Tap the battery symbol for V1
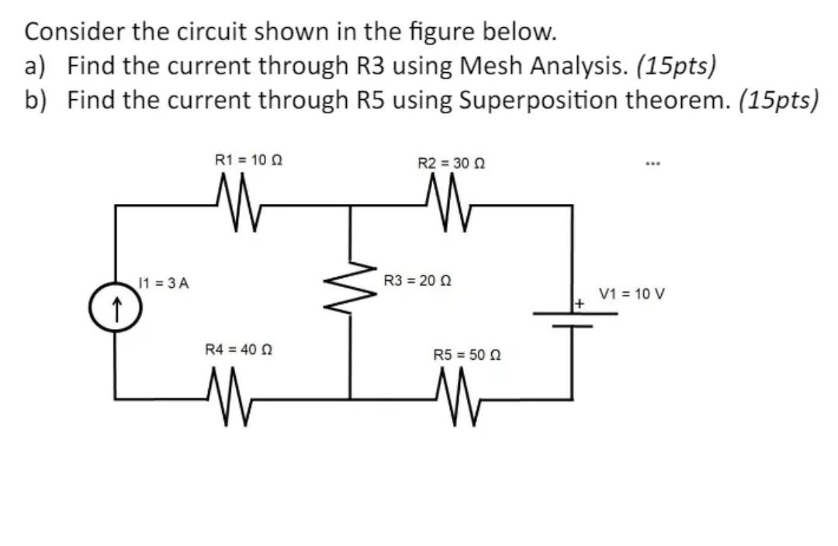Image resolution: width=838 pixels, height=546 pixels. pos(573,319)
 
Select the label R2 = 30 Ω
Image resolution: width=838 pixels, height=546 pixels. pos(452,164)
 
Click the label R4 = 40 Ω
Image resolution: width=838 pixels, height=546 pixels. pos(237,350)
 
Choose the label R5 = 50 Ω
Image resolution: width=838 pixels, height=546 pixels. pos(468,354)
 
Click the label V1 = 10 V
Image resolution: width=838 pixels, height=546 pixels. pos(632,295)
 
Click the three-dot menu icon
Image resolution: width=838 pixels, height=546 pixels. pos(651,164)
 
